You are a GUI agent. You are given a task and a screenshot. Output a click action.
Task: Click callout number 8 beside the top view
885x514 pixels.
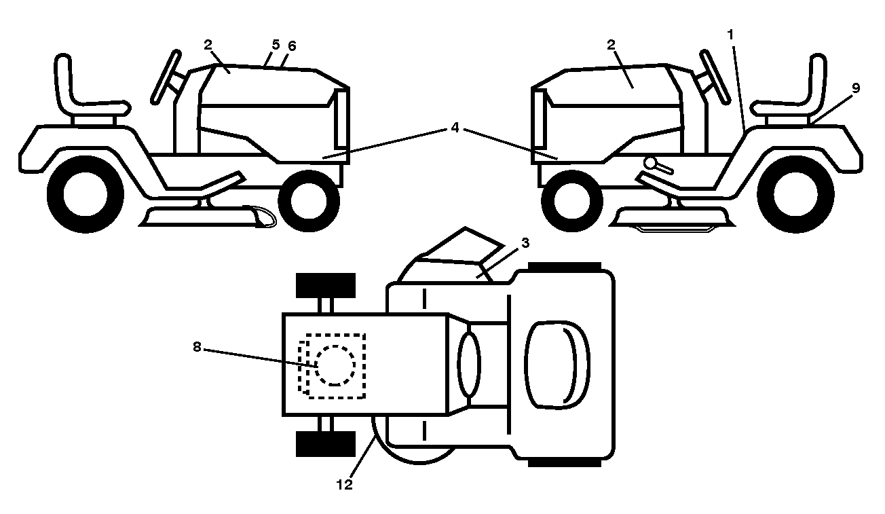197,347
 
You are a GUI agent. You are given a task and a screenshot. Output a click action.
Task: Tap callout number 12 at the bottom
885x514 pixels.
344,484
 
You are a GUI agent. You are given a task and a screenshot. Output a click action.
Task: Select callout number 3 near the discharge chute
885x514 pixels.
525,243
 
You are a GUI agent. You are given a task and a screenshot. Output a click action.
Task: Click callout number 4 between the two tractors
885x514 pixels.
455,128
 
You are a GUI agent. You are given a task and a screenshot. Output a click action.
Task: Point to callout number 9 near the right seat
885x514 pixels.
856,88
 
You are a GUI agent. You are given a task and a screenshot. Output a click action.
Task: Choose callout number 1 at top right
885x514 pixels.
730,35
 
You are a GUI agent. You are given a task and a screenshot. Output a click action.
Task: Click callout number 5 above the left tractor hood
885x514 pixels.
276,45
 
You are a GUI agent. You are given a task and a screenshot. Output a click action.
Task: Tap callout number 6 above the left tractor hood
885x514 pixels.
292,46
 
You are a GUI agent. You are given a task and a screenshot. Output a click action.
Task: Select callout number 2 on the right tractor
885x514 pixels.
611,45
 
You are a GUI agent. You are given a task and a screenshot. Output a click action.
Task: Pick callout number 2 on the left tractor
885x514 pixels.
208,45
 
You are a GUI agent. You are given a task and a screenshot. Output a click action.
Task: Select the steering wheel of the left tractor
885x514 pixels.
166,77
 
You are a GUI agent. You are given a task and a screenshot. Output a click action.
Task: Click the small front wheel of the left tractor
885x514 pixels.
309,201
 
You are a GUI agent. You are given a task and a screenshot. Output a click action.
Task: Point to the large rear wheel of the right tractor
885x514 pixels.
795,194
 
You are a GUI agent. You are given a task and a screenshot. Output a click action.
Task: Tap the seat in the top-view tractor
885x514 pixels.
557,365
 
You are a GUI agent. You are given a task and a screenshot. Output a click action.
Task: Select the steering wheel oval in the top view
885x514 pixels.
469,364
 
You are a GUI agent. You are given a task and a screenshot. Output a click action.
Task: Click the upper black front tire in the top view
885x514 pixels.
326,285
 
